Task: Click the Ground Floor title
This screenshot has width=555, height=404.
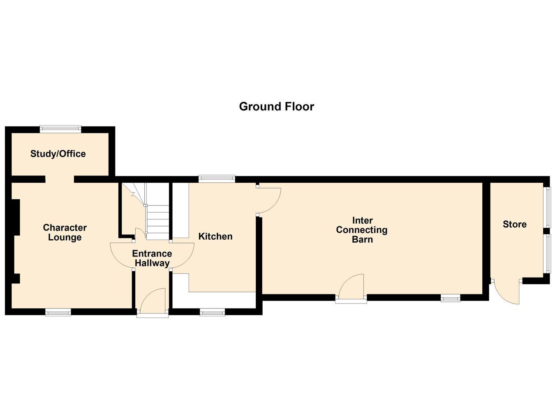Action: pos(277,107)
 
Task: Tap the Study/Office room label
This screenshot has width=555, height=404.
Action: pos(58,154)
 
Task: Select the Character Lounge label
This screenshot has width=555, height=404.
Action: pos(65,232)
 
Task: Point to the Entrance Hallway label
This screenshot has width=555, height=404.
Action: pos(152,258)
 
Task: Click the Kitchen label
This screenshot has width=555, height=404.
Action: pos(215,236)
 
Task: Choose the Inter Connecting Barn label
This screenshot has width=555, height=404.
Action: pos(362,230)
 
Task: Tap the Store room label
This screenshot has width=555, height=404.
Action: pos(515,224)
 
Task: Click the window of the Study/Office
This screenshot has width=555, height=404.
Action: pos(61,128)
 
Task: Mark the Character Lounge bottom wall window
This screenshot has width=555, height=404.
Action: pos(58,312)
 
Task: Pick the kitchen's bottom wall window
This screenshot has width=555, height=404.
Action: pos(212,312)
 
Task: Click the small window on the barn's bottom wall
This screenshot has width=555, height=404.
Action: pos(451,298)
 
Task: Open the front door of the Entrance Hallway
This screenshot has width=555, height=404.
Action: pos(153,302)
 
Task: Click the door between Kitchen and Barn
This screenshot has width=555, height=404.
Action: pos(268,201)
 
